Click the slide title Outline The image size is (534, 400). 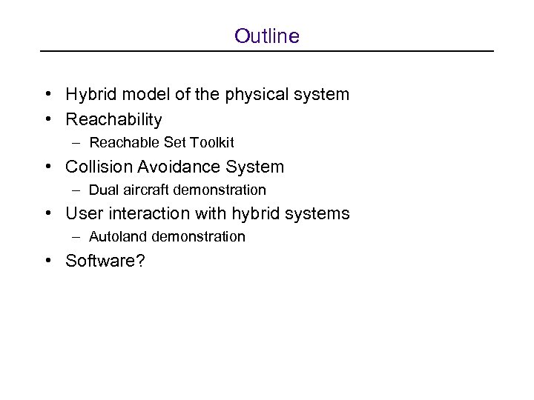pos(266,36)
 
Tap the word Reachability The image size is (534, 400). pos(113,119)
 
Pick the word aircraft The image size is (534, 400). pos(144,190)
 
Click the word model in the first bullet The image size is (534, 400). pos(136,95)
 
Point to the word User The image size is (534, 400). pos(82,214)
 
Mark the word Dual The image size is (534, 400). pos(102,190)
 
